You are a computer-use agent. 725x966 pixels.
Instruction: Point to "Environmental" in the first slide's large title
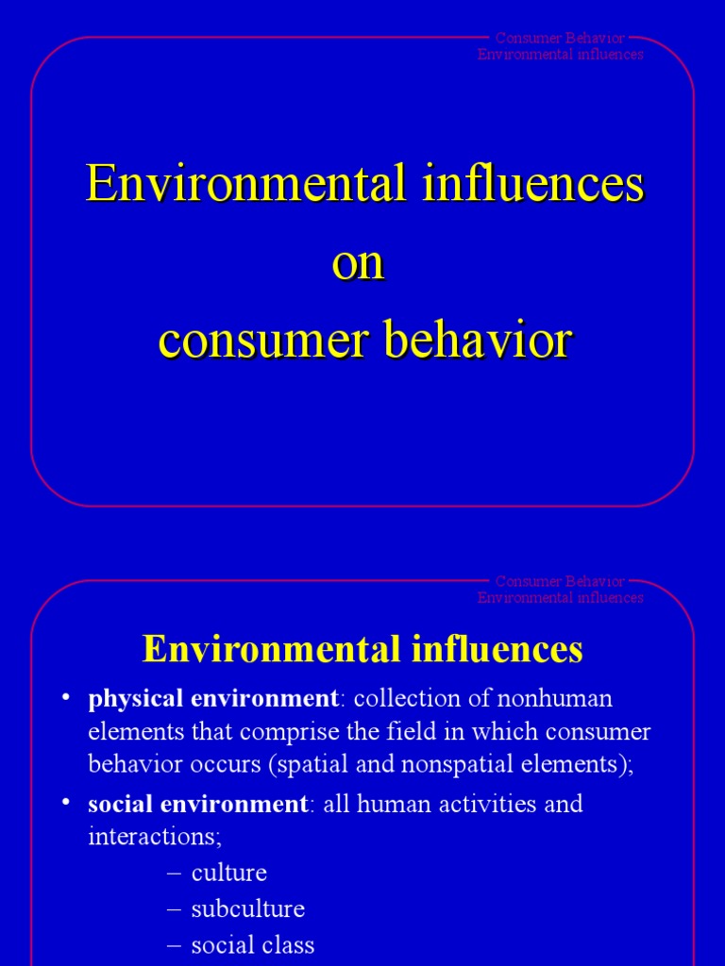click(245, 183)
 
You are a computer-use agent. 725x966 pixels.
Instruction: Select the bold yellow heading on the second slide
click(362, 649)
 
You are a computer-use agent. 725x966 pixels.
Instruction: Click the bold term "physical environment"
click(212, 699)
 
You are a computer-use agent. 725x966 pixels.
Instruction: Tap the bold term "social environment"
click(197, 805)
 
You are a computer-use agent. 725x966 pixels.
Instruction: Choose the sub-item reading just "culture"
click(228, 873)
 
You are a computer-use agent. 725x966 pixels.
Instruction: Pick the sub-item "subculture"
click(247, 909)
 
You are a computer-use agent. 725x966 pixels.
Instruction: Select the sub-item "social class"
click(252, 945)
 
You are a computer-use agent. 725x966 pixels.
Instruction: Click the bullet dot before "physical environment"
click(66, 699)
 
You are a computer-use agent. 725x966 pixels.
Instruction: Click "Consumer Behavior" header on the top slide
click(560, 39)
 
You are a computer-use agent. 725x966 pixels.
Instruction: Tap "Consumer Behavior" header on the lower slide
click(560, 581)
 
